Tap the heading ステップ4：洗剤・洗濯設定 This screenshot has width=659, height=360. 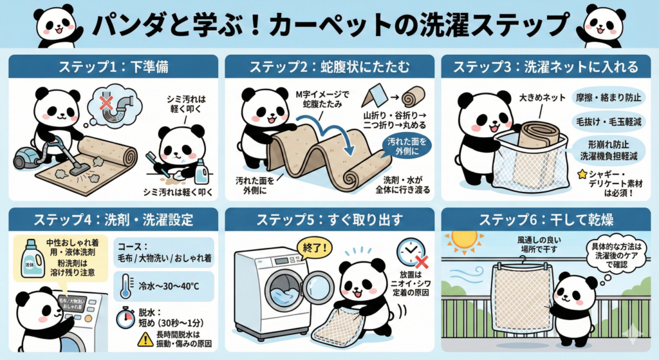pos(111,219)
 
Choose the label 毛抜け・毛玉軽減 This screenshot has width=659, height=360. pos(601,122)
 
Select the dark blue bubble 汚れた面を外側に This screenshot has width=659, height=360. pos(407,146)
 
